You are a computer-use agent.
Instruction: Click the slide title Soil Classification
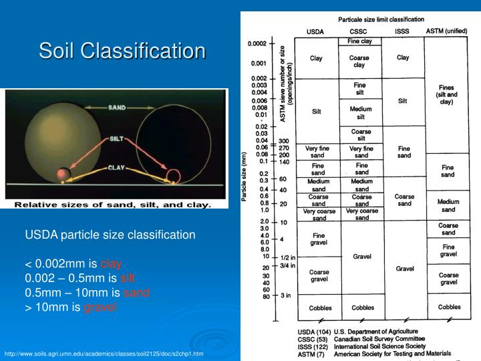coord(122,51)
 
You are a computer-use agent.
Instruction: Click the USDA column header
coord(316,31)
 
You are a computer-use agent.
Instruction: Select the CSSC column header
coord(359,31)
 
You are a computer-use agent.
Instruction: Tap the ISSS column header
coord(403,31)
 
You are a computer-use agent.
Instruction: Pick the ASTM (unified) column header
coord(447,31)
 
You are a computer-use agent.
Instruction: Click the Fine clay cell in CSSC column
coord(360,41)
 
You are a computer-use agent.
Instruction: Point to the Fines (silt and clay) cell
coord(448,95)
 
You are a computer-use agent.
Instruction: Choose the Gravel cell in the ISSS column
coord(404,268)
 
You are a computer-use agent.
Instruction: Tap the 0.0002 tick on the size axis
coord(258,44)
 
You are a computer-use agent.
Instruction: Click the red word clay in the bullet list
coord(111,264)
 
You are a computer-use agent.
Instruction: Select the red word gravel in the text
coord(102,307)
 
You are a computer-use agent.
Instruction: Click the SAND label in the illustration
coord(117,107)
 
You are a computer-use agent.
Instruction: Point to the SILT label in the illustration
coord(117,140)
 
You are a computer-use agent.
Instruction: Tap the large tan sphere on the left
coord(57,137)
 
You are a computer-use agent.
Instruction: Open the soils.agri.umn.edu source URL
coord(104,354)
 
